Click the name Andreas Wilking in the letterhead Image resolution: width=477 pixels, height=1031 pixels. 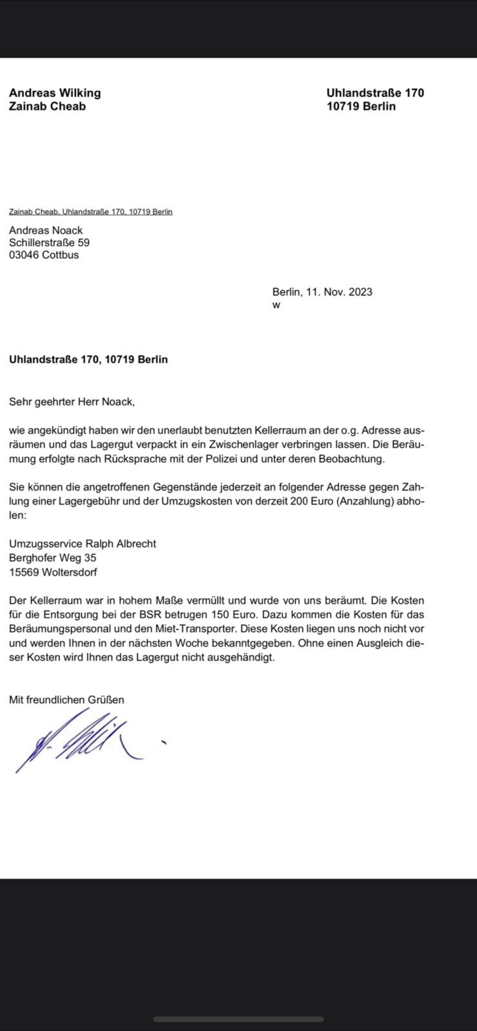55,93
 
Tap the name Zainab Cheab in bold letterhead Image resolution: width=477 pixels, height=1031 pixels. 47,107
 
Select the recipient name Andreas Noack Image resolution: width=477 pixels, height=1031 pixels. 46,230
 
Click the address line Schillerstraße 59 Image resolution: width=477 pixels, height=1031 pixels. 49,243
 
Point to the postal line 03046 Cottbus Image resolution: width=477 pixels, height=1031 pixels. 44,255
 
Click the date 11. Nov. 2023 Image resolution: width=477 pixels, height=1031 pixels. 339,292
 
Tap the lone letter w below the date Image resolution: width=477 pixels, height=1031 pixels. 276,305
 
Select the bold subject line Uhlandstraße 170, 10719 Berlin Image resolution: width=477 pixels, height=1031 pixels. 88,359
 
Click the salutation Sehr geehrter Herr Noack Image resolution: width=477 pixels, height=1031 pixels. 72,402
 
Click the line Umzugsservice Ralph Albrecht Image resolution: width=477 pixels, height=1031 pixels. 82,543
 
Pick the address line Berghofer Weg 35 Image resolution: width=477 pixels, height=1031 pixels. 52,557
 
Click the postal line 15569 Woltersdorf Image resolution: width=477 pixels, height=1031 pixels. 53,572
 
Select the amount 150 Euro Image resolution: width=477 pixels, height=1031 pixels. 232,614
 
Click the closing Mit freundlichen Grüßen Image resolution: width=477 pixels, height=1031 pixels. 66,700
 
